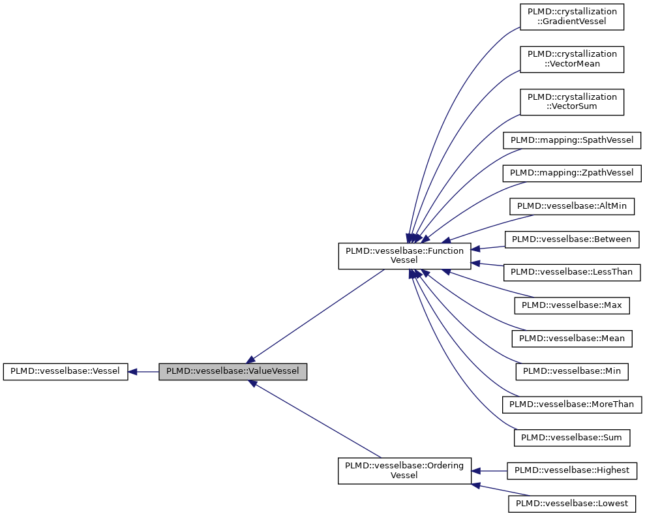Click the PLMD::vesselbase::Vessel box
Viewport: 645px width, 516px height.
click(x=65, y=372)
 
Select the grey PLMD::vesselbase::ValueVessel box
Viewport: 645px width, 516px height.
click(x=233, y=372)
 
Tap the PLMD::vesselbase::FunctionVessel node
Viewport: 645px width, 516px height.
click(x=404, y=255)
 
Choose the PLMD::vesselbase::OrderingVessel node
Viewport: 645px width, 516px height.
click(x=404, y=470)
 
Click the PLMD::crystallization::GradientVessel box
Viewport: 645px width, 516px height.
click(x=572, y=16)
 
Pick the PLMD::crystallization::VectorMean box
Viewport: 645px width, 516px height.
click(x=572, y=59)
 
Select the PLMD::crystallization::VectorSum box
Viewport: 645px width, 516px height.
click(x=572, y=101)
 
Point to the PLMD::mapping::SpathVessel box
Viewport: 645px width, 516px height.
click(x=572, y=140)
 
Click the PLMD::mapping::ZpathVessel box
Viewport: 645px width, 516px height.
click(x=572, y=173)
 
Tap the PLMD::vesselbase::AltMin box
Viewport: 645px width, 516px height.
click(x=572, y=206)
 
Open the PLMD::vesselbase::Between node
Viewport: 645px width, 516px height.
click(x=572, y=239)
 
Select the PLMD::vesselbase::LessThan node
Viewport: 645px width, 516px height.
click(x=572, y=272)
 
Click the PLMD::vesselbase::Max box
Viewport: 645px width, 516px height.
click(x=572, y=305)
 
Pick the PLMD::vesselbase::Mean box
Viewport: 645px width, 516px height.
click(x=572, y=338)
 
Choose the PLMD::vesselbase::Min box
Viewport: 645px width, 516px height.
click(x=572, y=371)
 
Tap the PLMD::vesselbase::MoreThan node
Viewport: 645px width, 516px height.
click(x=572, y=404)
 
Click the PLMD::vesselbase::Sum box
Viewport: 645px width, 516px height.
click(x=572, y=437)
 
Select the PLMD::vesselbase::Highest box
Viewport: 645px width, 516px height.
click(x=572, y=470)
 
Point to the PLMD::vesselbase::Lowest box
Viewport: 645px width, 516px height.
click(x=572, y=504)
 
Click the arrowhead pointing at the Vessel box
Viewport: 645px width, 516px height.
click(x=132, y=372)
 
